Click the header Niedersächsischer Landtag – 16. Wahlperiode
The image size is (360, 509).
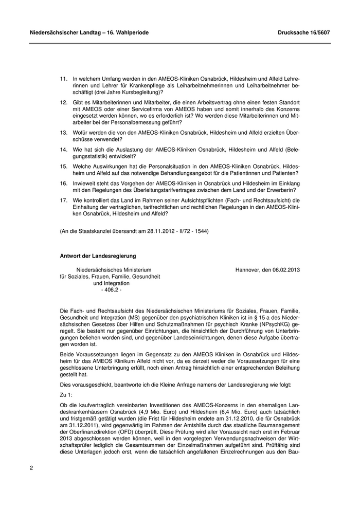coord(89,32)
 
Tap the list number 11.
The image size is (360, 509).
coord(64,79)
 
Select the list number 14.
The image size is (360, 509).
coord(64,149)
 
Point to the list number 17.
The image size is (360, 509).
coord(64,199)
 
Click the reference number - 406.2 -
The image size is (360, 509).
coord(112,289)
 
